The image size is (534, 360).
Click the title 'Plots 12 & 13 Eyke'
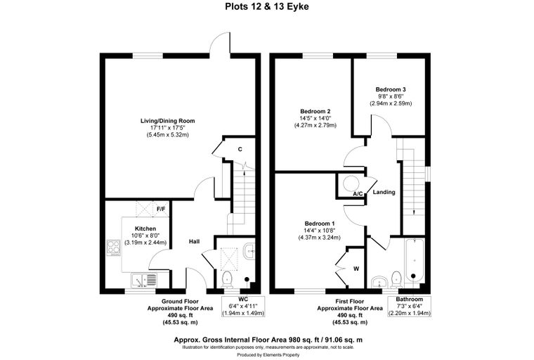click(x=267, y=6)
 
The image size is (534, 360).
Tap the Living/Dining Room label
click(x=167, y=121)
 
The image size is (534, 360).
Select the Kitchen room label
click(x=145, y=229)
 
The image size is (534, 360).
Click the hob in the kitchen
click(x=114, y=247)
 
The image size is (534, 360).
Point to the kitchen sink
click(x=144, y=281)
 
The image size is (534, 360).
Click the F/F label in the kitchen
click(x=161, y=209)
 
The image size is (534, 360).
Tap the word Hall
click(x=195, y=241)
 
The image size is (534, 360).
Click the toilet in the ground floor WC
click(x=227, y=280)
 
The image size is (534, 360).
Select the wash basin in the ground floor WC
click(x=249, y=252)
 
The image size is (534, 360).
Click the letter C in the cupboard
click(x=240, y=149)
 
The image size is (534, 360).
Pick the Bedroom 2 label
click(x=315, y=111)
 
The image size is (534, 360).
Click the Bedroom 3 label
click(x=391, y=89)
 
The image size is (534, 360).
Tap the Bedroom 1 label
click(x=320, y=224)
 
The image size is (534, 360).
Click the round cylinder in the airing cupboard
click(x=351, y=184)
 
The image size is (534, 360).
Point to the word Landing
click(x=384, y=192)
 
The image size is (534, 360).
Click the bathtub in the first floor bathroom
click(x=414, y=261)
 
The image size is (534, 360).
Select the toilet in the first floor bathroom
click(x=396, y=280)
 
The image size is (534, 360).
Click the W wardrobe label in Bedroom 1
click(x=356, y=269)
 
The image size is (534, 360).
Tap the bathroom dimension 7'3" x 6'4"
click(x=410, y=306)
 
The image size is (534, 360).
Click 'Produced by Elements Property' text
click(x=268, y=355)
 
